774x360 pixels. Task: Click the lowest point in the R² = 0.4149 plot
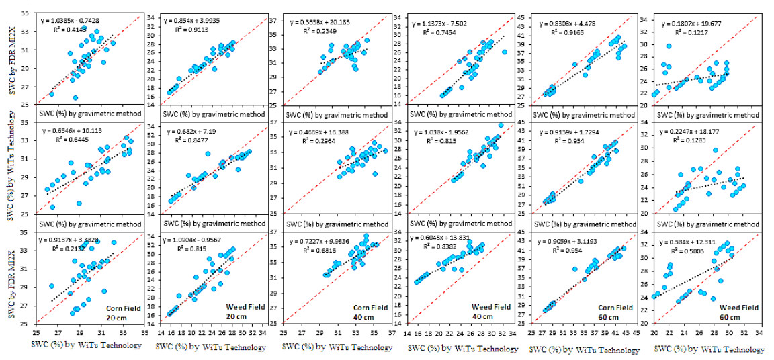pos(75,97)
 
